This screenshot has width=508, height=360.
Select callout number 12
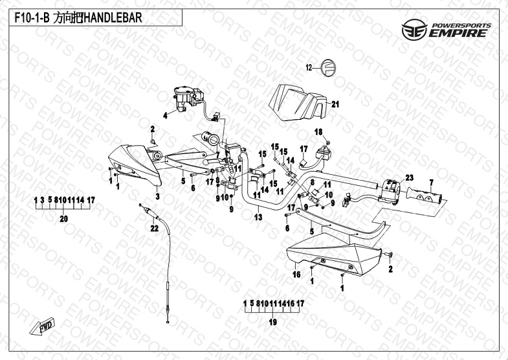click(x=309, y=67)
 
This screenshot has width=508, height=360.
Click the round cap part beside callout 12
click(x=329, y=67)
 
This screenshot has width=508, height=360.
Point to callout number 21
click(x=335, y=104)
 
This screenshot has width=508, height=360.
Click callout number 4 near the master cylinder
click(x=165, y=116)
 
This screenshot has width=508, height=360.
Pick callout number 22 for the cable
click(x=154, y=227)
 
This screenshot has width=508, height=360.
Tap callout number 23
click(x=409, y=177)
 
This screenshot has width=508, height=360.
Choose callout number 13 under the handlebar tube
click(x=258, y=218)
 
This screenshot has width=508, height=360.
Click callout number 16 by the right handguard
click(x=297, y=275)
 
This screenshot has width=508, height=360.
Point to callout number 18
click(x=318, y=132)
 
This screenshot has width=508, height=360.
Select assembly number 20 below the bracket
click(x=63, y=219)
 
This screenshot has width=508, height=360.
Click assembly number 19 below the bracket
click(x=272, y=322)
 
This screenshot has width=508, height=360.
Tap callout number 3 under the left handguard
click(x=157, y=196)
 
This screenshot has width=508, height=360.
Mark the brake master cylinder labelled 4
click(x=184, y=97)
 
